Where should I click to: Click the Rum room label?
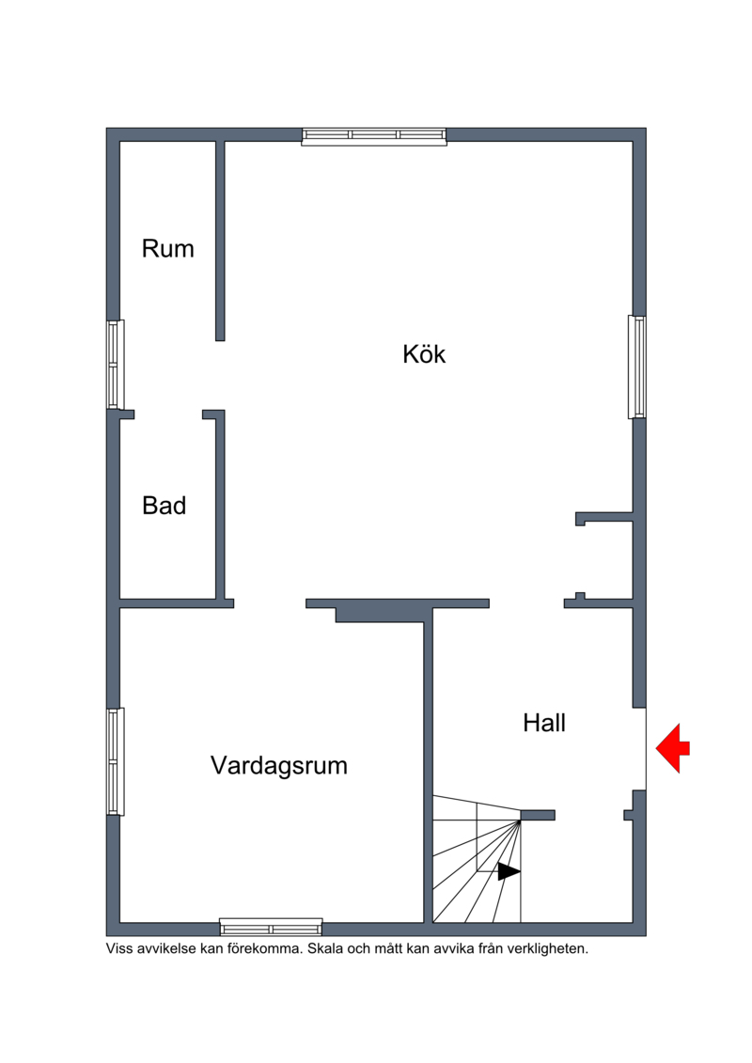167,249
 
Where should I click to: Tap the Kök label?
424,354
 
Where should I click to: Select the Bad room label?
164,506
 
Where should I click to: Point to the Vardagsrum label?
278,765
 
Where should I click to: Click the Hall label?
544,724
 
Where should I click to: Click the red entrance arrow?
672,748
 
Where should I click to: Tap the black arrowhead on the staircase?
509,872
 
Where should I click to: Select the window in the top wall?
374,136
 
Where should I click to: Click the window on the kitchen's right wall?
636,367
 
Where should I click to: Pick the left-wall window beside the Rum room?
116,365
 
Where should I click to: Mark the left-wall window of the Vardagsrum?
116,761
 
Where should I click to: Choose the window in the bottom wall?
272,927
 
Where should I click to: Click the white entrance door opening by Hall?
639,749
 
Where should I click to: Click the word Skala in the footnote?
325,949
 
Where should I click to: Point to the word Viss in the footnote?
119,949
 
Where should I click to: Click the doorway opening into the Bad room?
168,414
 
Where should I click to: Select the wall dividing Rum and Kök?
220,241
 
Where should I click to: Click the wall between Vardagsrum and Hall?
428,765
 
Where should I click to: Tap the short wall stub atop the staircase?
538,815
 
